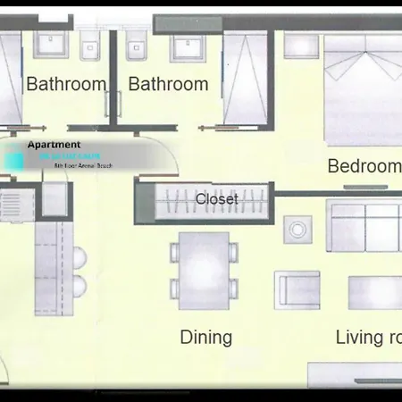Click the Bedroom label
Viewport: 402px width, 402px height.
pyautogui.click(x=364, y=166)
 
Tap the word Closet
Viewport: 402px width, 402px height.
pyautogui.click(x=216, y=199)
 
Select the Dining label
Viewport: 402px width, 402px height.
pyautogui.click(x=206, y=338)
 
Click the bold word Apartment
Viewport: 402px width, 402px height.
pyautogui.click(x=54, y=145)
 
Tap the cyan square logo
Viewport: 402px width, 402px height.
pyautogui.click(x=14, y=162)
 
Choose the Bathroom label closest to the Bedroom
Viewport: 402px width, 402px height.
pyautogui.click(x=168, y=85)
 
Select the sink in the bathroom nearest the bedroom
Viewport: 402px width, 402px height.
pyautogui.click(x=189, y=48)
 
